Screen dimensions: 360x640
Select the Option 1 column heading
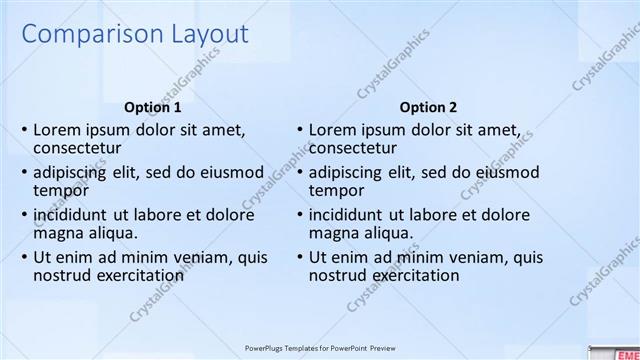click(152, 107)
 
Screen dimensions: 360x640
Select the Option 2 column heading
click(428, 107)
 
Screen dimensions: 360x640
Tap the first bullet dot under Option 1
click(24, 130)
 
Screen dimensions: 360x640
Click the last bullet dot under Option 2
click(300, 256)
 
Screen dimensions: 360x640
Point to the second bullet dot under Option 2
click(300, 172)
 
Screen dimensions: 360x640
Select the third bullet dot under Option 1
click(24, 214)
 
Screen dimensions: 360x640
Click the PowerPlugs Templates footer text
click(319, 349)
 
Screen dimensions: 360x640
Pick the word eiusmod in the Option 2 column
click(509, 172)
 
